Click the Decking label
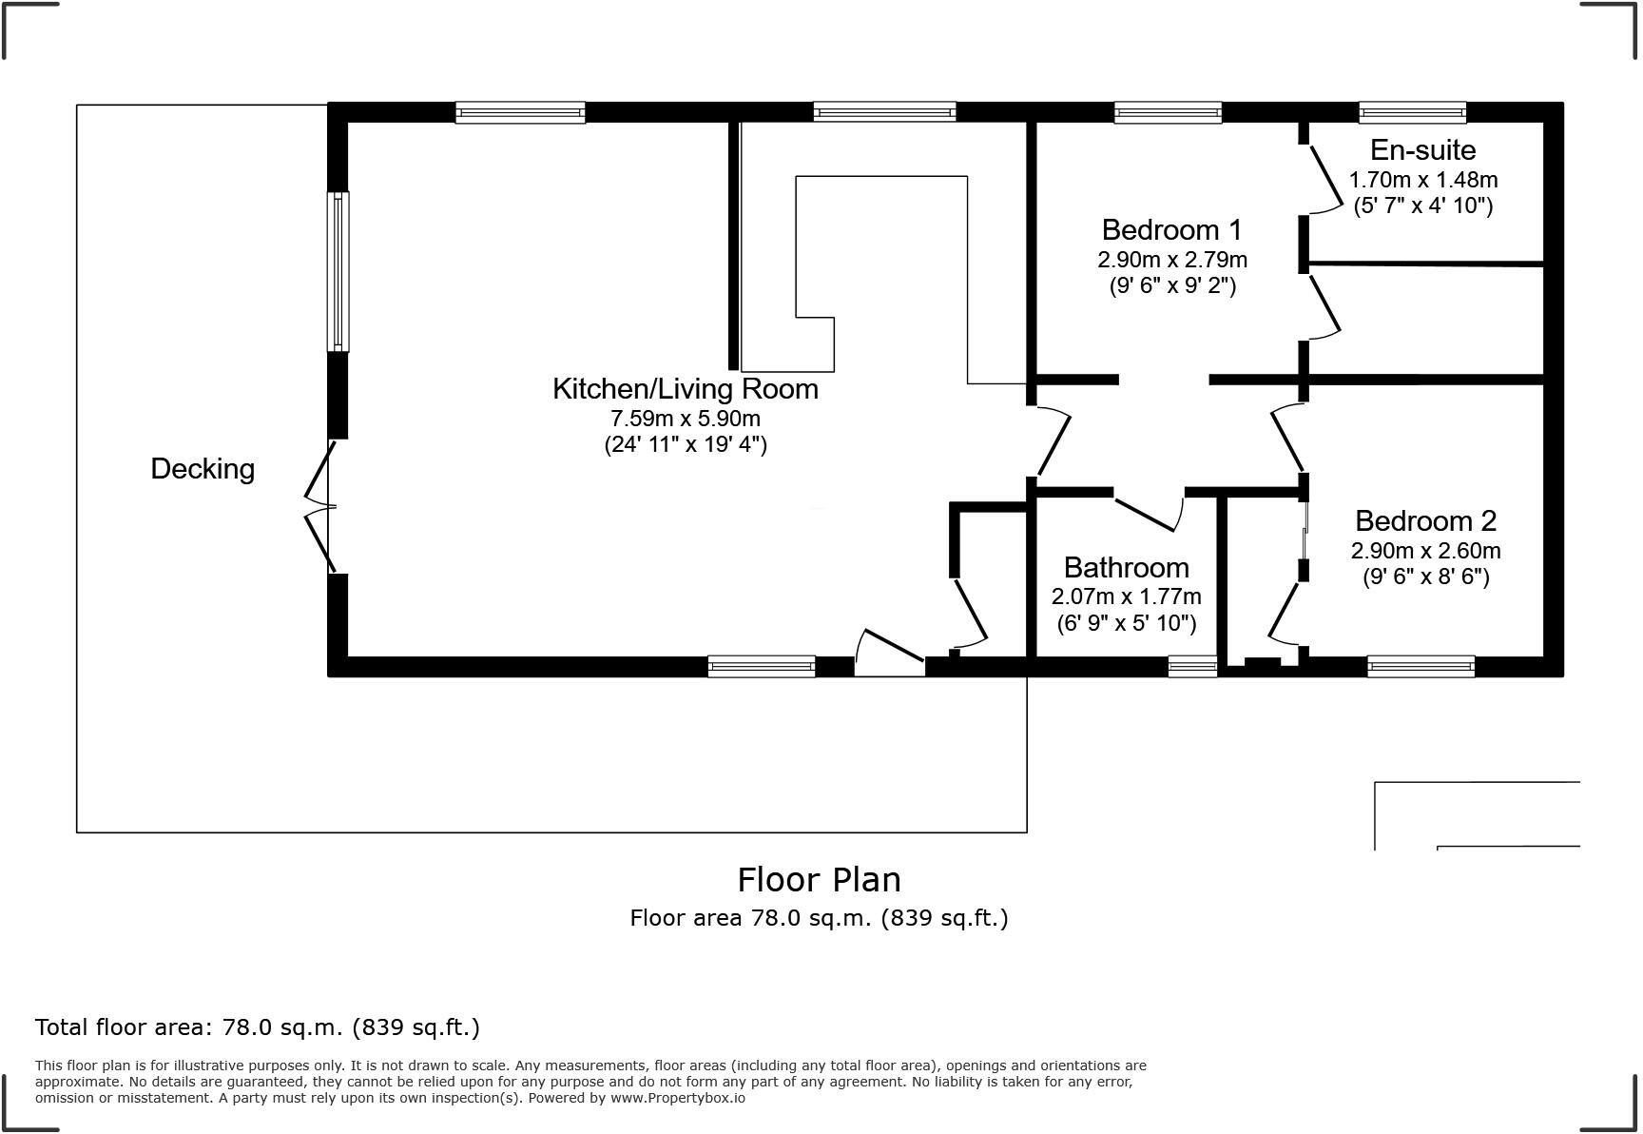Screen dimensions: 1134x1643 [203, 469]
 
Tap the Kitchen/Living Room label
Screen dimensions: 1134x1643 [685, 389]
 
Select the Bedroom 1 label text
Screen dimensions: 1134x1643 [1171, 230]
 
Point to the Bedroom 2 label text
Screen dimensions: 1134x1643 [1424, 521]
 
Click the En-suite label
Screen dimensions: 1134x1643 [1422, 150]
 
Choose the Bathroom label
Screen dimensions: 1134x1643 [1126, 568]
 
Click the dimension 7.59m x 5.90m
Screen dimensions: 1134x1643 [685, 419]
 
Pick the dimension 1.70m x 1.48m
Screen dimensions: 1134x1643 [1422, 180]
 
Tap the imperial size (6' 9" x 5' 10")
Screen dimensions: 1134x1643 [1126, 624]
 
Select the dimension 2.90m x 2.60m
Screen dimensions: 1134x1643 [1424, 551]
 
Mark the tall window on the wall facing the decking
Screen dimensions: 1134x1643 [338, 271]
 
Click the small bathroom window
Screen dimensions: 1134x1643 [1192, 666]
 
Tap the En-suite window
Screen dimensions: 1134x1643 [1412, 112]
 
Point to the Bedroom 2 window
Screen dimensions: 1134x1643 [1421, 666]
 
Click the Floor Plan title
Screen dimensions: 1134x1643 [819, 880]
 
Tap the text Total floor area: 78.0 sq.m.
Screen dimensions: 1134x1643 [257, 1027]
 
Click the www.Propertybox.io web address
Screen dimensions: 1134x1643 [677, 1098]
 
